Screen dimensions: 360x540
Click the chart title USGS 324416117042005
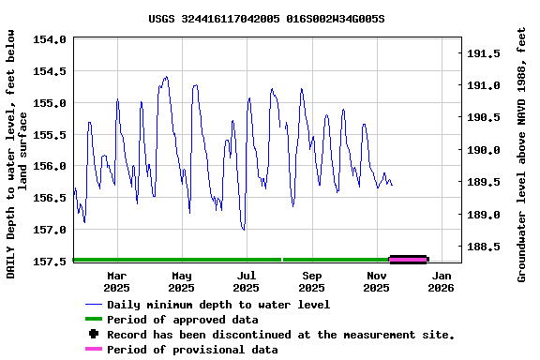coord(266,18)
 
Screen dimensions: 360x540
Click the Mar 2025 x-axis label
coord(117,281)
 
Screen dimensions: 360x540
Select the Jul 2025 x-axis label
coord(247,281)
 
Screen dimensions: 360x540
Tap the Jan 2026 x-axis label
coord(442,281)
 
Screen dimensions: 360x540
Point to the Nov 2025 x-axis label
coord(377,281)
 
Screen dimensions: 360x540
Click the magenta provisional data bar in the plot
coord(408,260)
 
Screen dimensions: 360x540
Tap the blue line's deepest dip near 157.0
coord(243,229)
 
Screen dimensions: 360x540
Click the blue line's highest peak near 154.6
coord(166,78)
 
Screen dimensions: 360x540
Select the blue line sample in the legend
coord(93,305)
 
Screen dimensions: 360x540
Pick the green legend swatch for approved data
coord(93,320)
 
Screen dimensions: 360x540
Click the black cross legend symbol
coord(93,335)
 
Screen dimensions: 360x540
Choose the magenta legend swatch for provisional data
coord(93,350)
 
